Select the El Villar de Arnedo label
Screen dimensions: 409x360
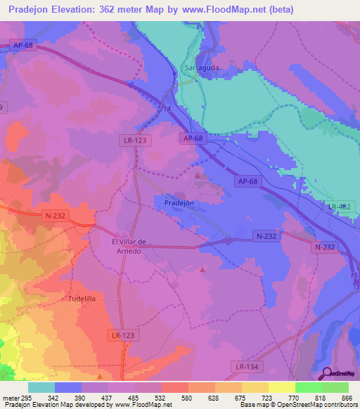click(129, 247)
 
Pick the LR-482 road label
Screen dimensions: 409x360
click(339, 207)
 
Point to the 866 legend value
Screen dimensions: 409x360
click(345, 397)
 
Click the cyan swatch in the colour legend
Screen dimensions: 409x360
click(41, 387)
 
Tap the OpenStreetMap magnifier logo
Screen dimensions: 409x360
click(327, 373)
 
